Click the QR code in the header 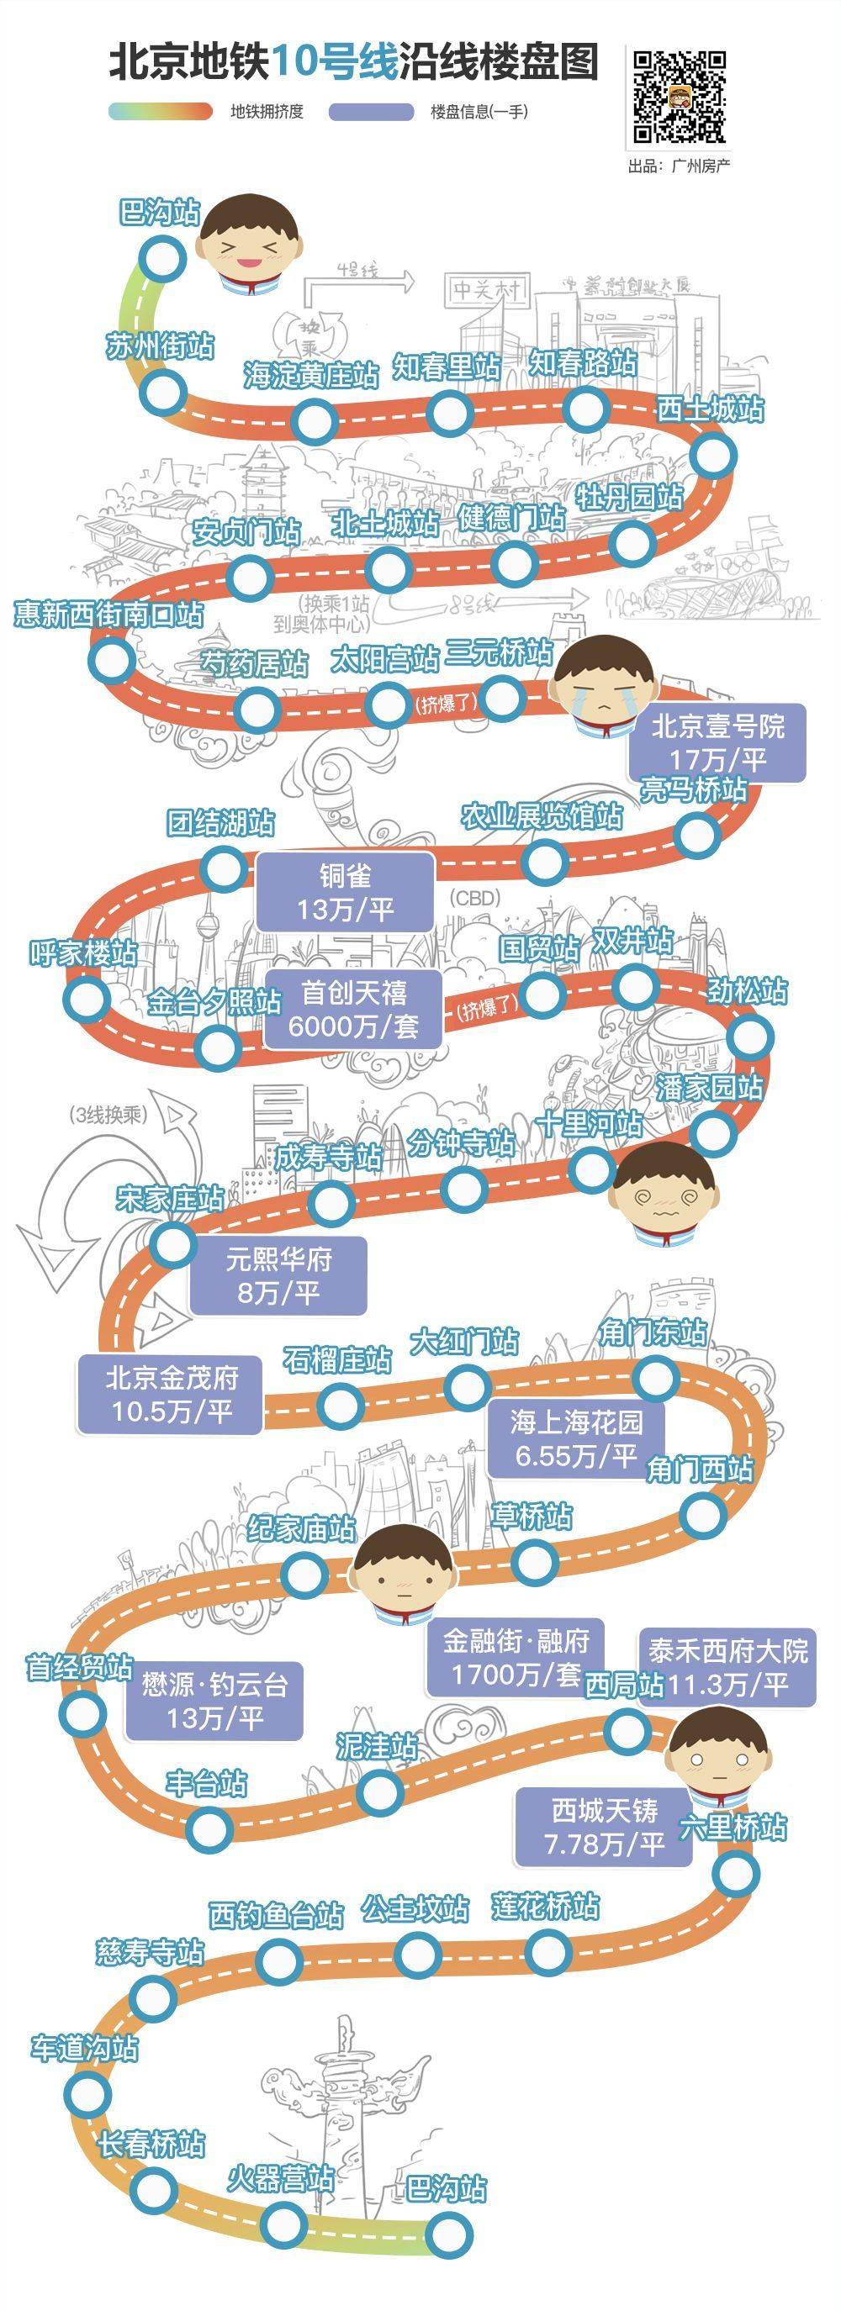click(680, 97)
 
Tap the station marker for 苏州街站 click(163, 393)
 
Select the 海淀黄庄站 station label click(311, 375)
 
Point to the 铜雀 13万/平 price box click(345, 892)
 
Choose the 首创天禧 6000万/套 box click(353, 1008)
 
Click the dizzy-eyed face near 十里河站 click(664, 1192)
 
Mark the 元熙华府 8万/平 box click(278, 1274)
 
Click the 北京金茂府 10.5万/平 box click(171, 1393)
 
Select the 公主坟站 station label click(415, 1909)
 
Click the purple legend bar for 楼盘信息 click(371, 111)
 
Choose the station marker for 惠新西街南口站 click(111, 660)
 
